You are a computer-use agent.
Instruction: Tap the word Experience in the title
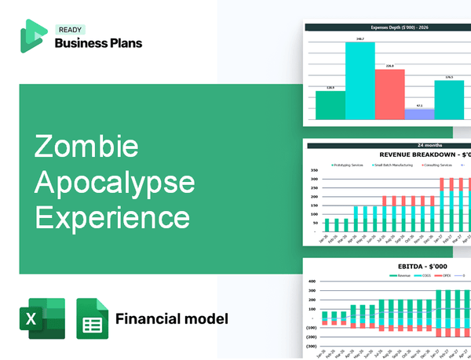click(x=111, y=216)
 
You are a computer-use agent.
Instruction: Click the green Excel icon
click(x=41, y=318)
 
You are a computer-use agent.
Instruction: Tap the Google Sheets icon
click(x=92, y=318)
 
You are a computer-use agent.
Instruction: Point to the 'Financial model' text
click(x=172, y=318)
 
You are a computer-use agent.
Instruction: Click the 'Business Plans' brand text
click(x=98, y=43)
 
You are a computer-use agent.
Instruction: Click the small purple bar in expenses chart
click(x=419, y=114)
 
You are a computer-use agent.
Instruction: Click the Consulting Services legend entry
click(x=438, y=165)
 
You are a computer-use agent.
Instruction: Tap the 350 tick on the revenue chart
click(x=314, y=170)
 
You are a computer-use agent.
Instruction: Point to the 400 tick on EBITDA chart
click(x=312, y=281)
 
